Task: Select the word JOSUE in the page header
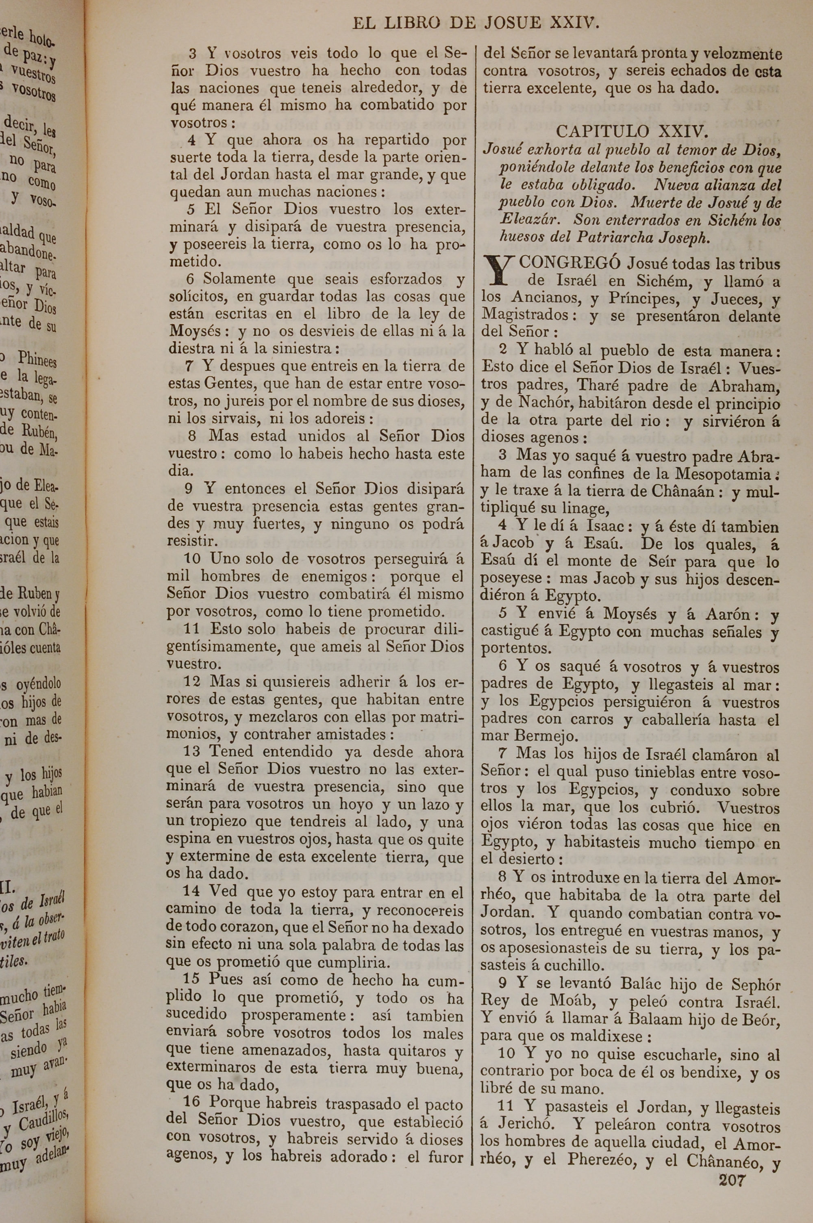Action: coord(511,23)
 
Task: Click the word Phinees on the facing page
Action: coord(37,359)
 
